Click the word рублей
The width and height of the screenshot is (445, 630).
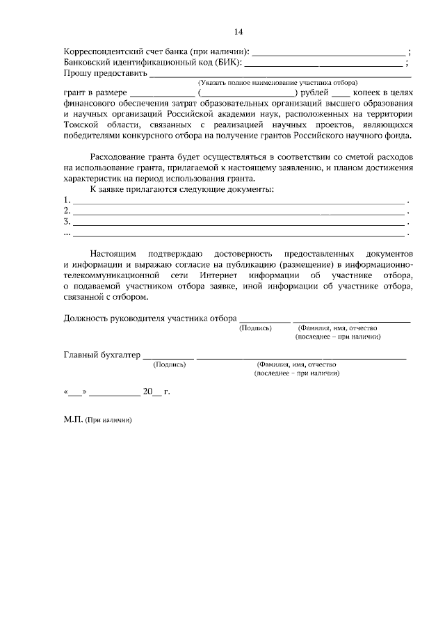[x=314, y=92]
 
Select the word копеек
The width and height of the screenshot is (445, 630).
[x=372, y=92]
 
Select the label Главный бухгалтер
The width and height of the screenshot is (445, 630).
[x=102, y=355]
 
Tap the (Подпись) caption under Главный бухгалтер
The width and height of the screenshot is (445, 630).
[x=168, y=364]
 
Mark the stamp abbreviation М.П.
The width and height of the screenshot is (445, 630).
[x=73, y=421]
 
